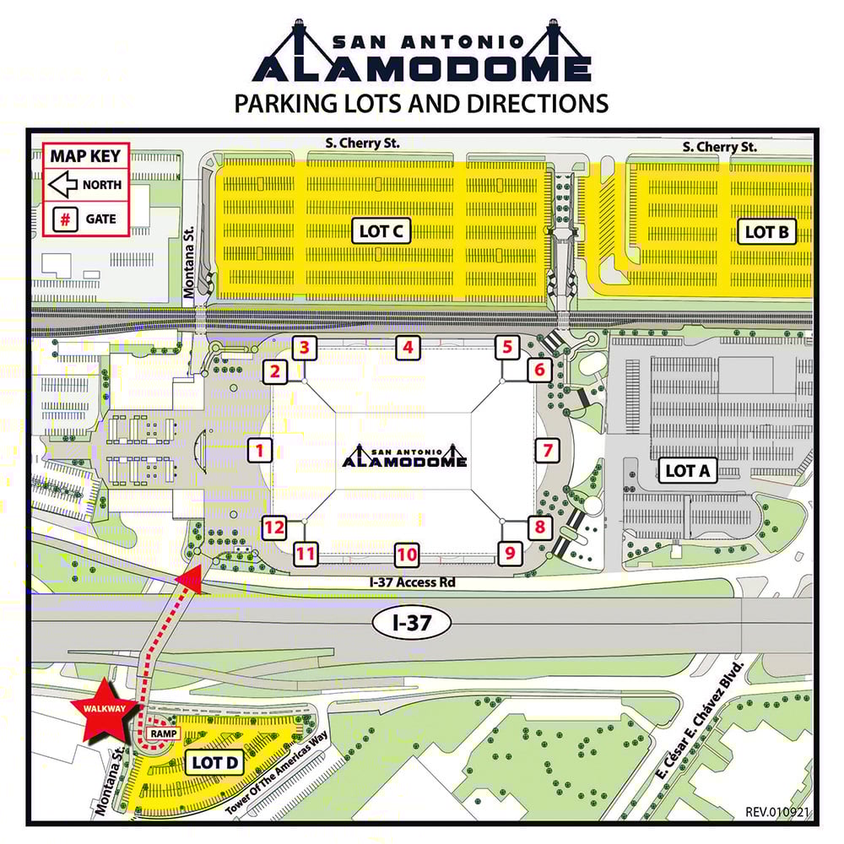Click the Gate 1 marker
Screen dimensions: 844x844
pos(261,450)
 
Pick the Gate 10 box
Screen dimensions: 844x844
pos(408,555)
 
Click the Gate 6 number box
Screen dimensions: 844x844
pos(540,370)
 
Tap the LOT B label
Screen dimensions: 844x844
pos(766,231)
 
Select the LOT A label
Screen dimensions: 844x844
pos(688,471)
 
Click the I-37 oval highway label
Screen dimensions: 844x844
pos(412,623)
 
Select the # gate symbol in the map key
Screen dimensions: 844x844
pos(62,219)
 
